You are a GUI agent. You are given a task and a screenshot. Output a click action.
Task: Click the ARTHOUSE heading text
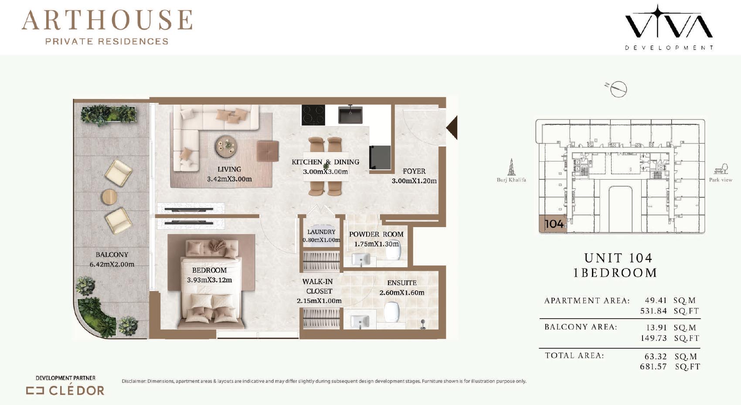[x=107, y=20]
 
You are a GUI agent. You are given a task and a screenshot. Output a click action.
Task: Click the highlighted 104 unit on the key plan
[x=553, y=224]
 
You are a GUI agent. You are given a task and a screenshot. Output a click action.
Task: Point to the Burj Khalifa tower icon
[x=511, y=167]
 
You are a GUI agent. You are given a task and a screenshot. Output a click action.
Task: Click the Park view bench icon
[x=721, y=169]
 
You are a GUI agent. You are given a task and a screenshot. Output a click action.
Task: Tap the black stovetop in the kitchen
[x=313, y=115]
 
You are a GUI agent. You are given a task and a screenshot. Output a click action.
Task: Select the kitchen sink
[x=350, y=114]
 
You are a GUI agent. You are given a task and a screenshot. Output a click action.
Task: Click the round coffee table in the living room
[x=226, y=146]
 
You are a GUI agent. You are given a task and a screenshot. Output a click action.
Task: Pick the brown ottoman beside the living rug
[x=268, y=151]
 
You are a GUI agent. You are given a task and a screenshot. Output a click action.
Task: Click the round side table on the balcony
[x=109, y=197]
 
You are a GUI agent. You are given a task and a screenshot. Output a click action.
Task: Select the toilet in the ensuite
[x=392, y=312]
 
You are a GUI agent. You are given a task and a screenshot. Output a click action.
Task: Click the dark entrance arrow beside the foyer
[x=452, y=127]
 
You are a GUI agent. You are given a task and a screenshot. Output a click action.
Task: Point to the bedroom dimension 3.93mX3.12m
[x=209, y=280]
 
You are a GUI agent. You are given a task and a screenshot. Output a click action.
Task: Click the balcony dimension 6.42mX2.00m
[x=112, y=264]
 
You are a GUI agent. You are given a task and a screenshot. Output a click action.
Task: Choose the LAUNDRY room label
[x=321, y=232]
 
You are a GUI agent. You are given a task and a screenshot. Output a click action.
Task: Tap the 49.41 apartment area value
[x=656, y=300]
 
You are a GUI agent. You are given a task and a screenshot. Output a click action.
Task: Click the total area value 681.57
[x=653, y=367]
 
